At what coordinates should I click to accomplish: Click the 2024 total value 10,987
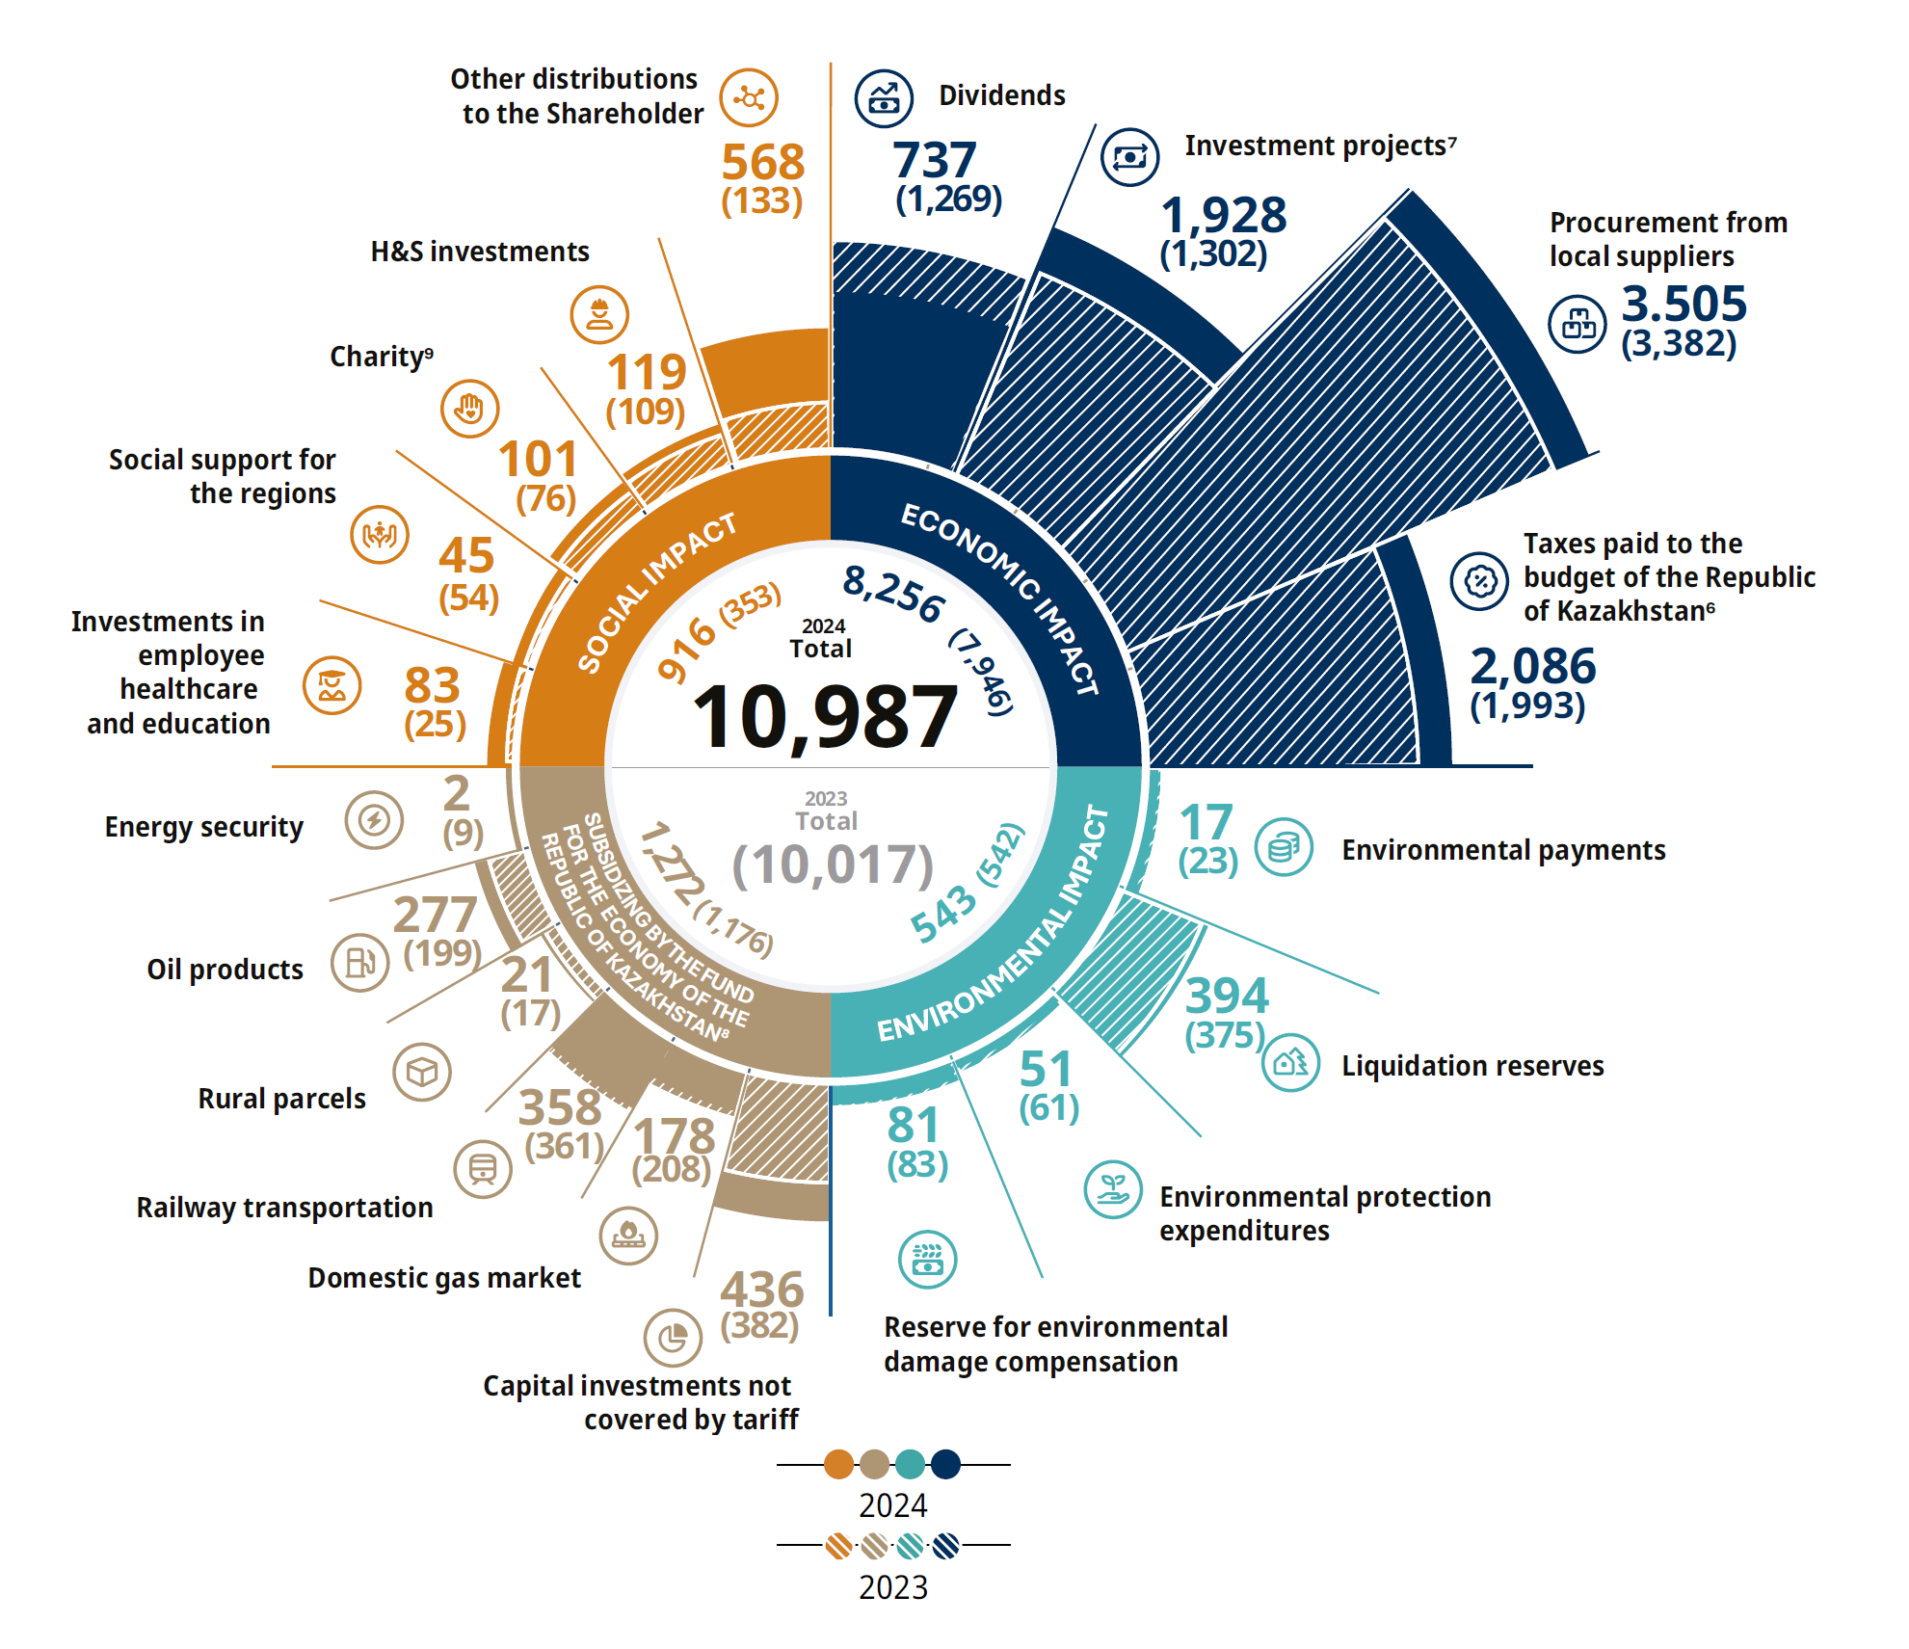[x=825, y=717]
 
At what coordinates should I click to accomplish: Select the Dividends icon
[x=883, y=98]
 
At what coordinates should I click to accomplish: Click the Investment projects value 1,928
[x=1223, y=215]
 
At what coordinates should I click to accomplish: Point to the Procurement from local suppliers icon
[x=1578, y=324]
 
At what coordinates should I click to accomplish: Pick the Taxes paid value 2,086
[x=1532, y=666]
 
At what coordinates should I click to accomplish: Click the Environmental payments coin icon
[x=1284, y=847]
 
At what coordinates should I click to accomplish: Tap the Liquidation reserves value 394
[x=1227, y=996]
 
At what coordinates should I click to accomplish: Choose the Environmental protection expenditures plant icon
[x=1113, y=1189]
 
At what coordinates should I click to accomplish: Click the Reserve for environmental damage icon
[x=927, y=1259]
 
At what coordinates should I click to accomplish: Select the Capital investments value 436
[x=761, y=1290]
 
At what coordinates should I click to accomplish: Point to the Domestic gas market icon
[x=628, y=1236]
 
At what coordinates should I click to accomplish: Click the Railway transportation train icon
[x=483, y=1169]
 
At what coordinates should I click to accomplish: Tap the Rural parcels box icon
[x=422, y=1072]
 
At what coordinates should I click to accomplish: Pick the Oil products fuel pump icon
[x=360, y=962]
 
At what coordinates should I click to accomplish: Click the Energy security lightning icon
[x=374, y=820]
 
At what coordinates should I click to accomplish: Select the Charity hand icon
[x=469, y=409]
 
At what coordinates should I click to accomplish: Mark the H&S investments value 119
[x=646, y=372]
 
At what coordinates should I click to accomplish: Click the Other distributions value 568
[x=762, y=162]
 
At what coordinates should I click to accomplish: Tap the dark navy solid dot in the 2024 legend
[x=945, y=1464]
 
